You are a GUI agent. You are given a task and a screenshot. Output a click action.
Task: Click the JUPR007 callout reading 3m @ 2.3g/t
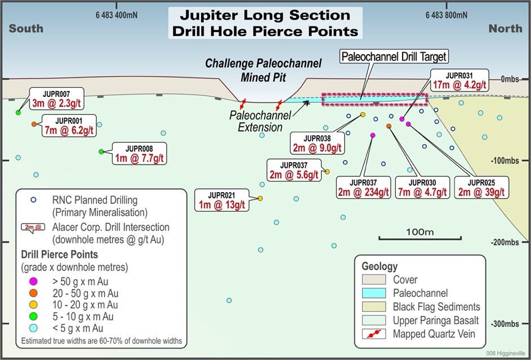click(56, 99)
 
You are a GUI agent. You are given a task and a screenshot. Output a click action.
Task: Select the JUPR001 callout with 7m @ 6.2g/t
click(69, 126)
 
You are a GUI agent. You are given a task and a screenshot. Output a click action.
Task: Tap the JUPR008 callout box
click(139, 153)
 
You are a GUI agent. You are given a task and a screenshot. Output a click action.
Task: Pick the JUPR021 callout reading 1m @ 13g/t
click(221, 200)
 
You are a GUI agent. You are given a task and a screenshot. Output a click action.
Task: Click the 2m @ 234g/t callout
click(363, 187)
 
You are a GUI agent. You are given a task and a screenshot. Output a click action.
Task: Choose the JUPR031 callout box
click(459, 80)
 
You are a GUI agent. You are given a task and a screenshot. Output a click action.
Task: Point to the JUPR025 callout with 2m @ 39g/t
click(481, 187)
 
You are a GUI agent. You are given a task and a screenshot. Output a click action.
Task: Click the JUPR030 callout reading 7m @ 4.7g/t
click(422, 187)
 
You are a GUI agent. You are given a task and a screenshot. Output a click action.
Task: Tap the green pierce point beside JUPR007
click(18, 113)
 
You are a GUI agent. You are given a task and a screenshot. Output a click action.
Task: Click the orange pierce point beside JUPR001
click(34, 125)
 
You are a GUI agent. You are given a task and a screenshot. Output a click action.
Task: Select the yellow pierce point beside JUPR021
click(260, 198)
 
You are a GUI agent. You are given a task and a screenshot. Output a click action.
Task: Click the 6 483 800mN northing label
click(447, 15)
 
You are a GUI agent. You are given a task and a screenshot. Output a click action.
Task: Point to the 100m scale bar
click(420, 238)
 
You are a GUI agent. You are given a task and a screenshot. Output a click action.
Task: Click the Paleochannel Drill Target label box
click(394, 56)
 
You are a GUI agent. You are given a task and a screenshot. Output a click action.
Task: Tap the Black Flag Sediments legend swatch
click(374, 306)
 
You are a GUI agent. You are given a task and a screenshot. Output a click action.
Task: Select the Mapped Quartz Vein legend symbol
click(374, 334)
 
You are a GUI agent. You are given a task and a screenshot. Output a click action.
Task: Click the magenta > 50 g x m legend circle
click(33, 281)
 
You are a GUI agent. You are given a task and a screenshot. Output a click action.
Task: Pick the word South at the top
click(26, 28)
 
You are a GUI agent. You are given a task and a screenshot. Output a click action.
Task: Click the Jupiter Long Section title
click(265, 23)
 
